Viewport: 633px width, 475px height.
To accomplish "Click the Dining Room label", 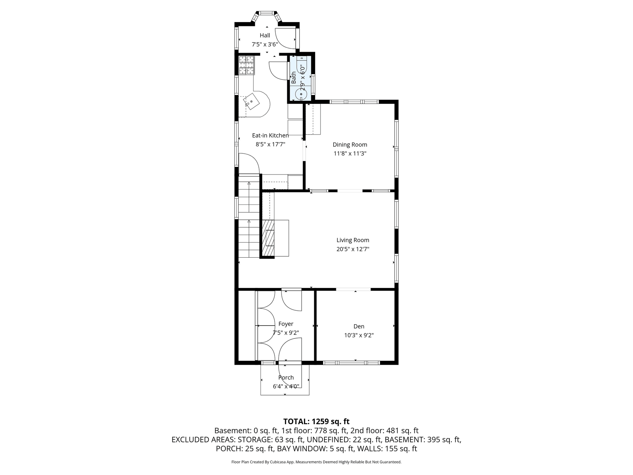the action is pyautogui.click(x=350, y=144).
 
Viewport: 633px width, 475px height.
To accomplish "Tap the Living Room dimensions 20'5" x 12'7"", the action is pyautogui.click(x=353, y=249).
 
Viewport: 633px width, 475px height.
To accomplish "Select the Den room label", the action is pyautogui.click(x=359, y=326).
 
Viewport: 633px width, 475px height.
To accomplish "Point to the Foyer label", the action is pyautogui.click(x=286, y=324).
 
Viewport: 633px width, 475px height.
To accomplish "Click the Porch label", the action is pyautogui.click(x=286, y=377).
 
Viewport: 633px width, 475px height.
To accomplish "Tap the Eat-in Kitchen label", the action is pyautogui.click(x=270, y=135).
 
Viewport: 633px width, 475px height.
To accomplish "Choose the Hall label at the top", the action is pyautogui.click(x=265, y=35).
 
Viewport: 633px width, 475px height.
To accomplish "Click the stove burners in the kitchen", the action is pyautogui.click(x=247, y=65).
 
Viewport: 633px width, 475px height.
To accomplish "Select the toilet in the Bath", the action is pyautogui.click(x=302, y=65).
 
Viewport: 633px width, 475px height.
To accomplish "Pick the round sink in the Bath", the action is pyautogui.click(x=301, y=94).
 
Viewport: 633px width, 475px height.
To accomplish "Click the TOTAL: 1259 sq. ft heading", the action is pyautogui.click(x=316, y=421).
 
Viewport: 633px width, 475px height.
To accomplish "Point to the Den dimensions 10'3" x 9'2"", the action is pyautogui.click(x=359, y=335).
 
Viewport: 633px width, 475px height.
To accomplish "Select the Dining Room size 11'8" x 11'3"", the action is pyautogui.click(x=350, y=153).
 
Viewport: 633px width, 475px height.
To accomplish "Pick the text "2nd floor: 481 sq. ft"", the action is pyautogui.click(x=384, y=430).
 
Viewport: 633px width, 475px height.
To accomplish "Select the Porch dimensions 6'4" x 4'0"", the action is pyautogui.click(x=286, y=386).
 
